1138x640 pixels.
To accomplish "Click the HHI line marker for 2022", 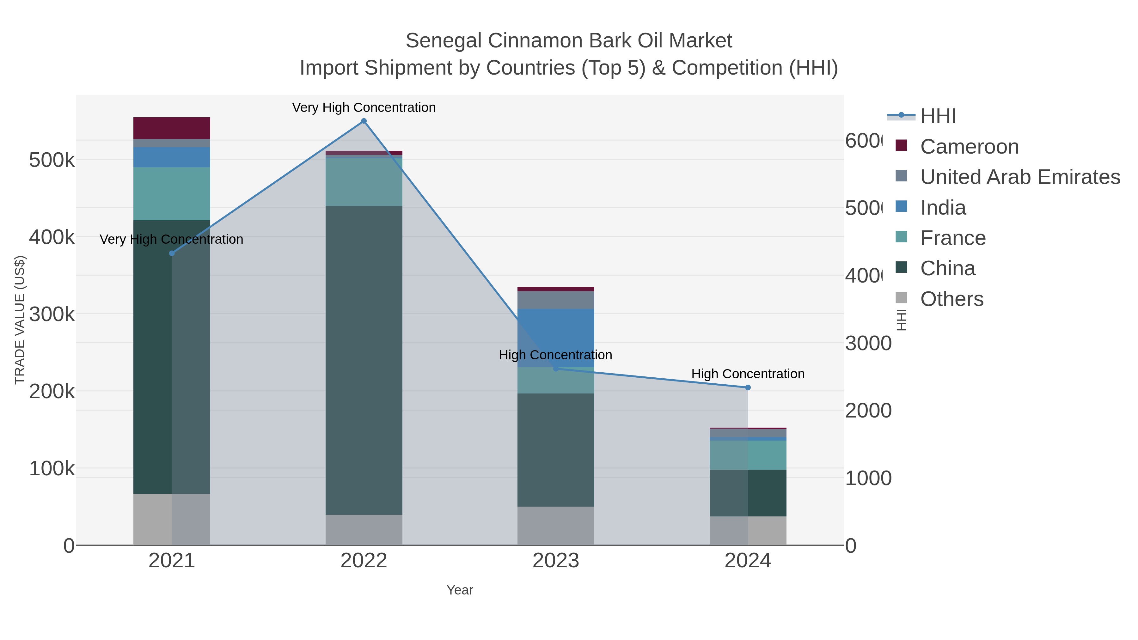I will click(x=364, y=121).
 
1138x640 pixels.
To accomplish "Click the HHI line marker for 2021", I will click(x=172, y=253).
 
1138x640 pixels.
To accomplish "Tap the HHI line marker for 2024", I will click(x=748, y=387).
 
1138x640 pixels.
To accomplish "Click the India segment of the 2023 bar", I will click(x=555, y=338).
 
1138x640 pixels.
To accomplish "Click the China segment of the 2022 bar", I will click(x=364, y=360).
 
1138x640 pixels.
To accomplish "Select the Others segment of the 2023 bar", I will click(x=555, y=526).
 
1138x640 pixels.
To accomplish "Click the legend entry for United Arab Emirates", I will click(x=1019, y=177).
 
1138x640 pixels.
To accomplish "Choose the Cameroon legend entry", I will click(x=969, y=147).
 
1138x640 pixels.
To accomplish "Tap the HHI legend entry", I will click(x=938, y=116).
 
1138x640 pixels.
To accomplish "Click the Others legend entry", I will click(x=951, y=299).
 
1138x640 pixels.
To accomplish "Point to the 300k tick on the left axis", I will click(x=52, y=314).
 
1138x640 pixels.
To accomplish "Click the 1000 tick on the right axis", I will click(x=868, y=478).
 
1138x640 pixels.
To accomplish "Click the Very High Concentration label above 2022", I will click(x=364, y=107).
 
